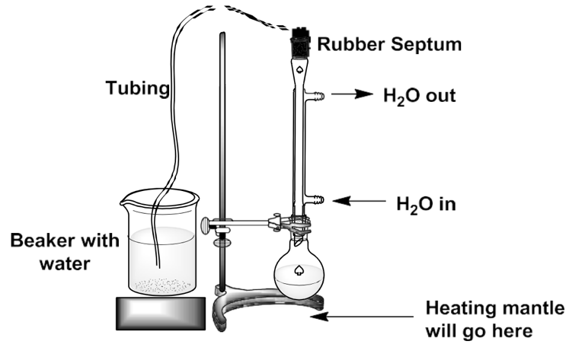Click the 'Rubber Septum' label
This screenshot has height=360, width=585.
coord(389,44)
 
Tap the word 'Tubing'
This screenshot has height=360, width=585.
coord(136,88)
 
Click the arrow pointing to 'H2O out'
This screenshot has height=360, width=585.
coord(351,96)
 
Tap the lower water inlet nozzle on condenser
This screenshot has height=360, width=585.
coord(318,201)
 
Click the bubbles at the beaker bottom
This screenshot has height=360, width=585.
coord(160,286)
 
